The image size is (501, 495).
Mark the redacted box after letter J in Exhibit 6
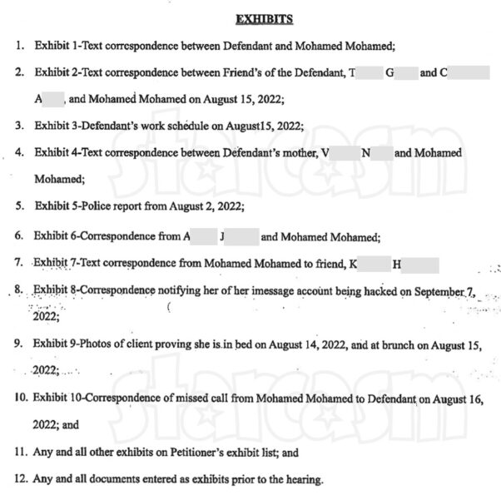pyautogui.click(x=241, y=236)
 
